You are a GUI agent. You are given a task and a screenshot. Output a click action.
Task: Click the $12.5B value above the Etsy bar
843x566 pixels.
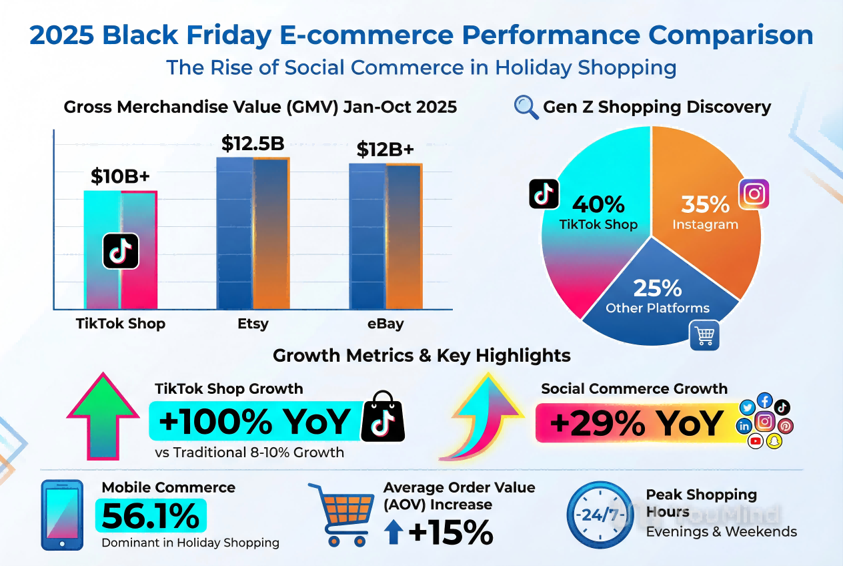(253, 144)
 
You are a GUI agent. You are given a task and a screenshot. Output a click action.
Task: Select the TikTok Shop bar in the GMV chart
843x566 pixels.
(120, 267)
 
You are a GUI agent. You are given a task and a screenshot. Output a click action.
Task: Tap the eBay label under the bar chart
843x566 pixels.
(385, 324)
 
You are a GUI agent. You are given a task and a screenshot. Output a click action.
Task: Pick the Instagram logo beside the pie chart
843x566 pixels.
(754, 194)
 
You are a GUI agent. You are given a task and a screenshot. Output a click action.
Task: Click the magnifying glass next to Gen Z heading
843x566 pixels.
(526, 107)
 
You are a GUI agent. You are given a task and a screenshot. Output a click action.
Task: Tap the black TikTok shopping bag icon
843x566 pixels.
(383, 417)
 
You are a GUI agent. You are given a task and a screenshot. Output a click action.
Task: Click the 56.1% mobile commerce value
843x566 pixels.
(151, 515)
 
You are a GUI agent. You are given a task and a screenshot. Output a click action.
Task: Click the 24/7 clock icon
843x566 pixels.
(600, 516)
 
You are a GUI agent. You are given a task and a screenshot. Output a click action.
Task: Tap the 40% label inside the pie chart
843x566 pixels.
(598, 204)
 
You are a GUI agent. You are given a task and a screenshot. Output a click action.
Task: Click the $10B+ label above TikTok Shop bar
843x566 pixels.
(120, 177)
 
